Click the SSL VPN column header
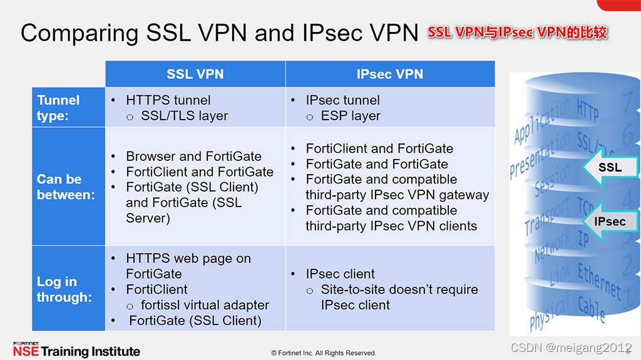(195, 74)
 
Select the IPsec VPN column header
(389, 74)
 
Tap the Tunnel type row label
(59, 108)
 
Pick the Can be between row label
(66, 187)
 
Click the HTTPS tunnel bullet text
(168, 100)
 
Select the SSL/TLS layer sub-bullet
(185, 116)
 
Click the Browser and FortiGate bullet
(193, 156)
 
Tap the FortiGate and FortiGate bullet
(377, 164)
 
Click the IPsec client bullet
(340, 274)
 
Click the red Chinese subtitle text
(517, 33)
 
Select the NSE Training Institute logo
(76, 350)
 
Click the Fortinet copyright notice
(323, 353)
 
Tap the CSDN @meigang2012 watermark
(571, 348)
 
